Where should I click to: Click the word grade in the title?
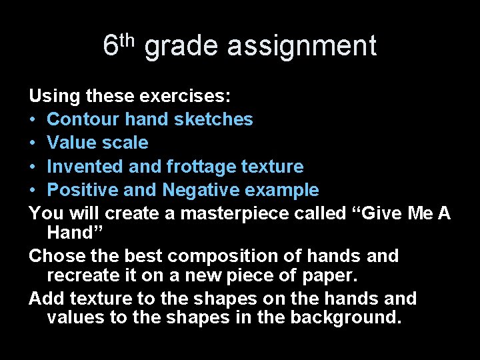(x=181, y=47)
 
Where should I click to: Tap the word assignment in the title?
(x=301, y=47)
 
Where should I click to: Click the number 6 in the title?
(x=111, y=46)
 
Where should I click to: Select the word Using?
(x=55, y=97)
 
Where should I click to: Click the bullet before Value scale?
(x=33, y=143)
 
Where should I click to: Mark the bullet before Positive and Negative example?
(x=33, y=191)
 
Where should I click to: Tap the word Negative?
(x=203, y=191)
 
